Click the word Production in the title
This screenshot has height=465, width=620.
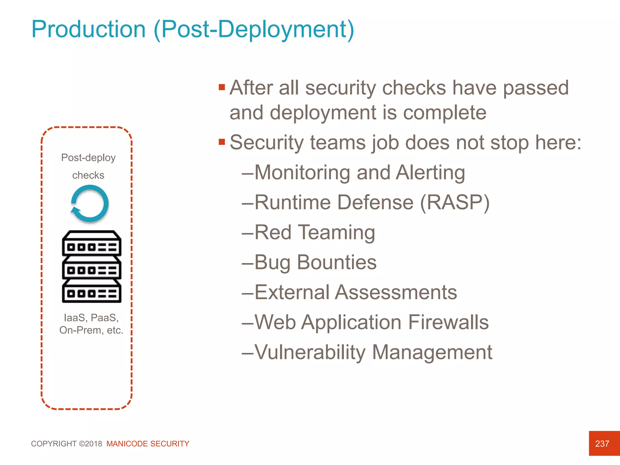[x=88, y=29]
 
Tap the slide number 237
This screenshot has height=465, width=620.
[x=602, y=444]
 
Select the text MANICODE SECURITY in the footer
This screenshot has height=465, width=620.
[x=148, y=444]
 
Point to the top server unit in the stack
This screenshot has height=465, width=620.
[x=91, y=244]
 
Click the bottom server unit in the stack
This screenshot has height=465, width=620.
[x=91, y=291]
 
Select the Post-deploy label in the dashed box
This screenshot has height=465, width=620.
[x=88, y=158]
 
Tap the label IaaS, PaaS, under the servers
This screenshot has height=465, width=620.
[x=91, y=318]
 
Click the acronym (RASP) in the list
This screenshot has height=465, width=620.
[x=455, y=202]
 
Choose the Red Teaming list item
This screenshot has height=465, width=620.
[x=314, y=232]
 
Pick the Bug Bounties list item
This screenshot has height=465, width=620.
[x=315, y=262]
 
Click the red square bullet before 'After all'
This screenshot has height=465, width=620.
[x=222, y=87]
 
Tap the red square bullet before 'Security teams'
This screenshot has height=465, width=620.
[x=222, y=142]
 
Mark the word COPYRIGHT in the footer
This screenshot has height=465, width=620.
[x=54, y=444]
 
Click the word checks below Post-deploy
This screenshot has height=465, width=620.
[x=88, y=175]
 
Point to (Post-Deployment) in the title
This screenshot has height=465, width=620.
[x=254, y=29]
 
